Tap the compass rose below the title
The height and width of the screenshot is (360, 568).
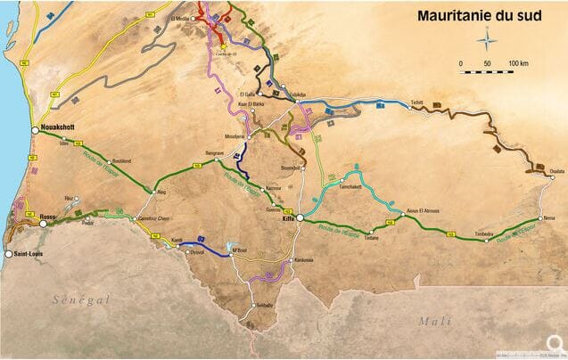(487, 39)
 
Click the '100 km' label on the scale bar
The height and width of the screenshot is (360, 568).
(519, 63)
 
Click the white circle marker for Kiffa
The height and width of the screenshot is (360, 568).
(300, 218)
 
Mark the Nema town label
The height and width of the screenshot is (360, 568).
(549, 216)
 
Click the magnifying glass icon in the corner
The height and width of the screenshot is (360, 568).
(554, 343)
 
